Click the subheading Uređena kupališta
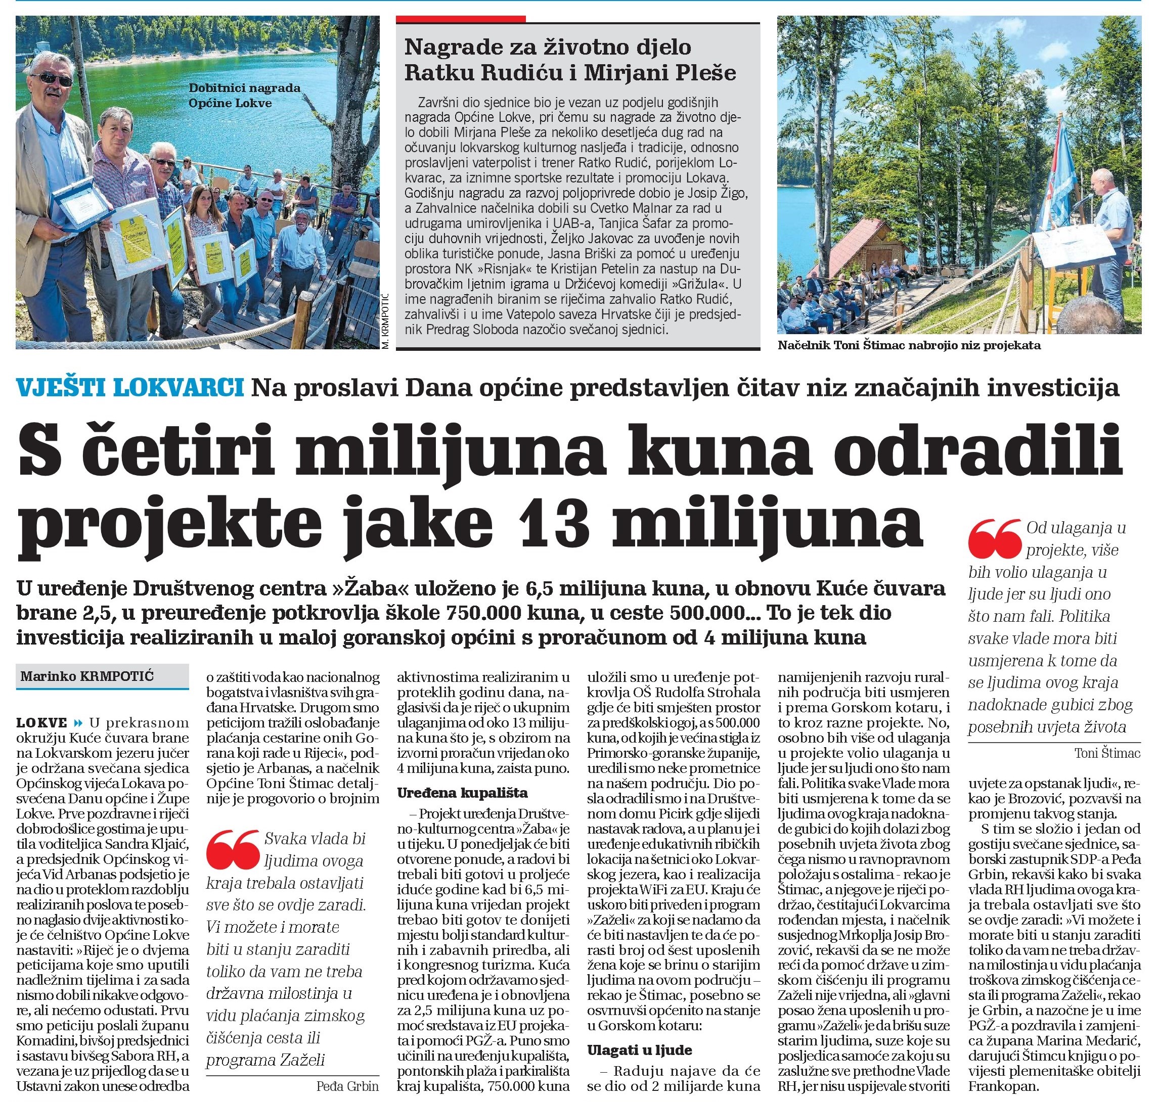click(x=462, y=793)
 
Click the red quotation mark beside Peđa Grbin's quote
click(x=232, y=849)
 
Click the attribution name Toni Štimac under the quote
click(x=1107, y=753)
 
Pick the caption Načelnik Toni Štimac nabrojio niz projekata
click(x=909, y=345)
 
